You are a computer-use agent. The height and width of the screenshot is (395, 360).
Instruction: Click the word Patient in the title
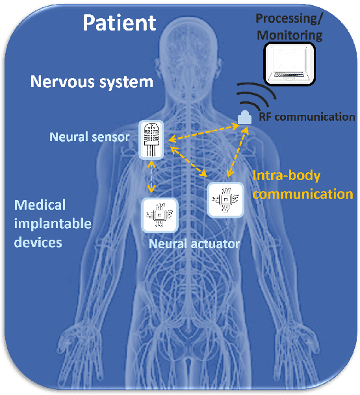click(x=119, y=23)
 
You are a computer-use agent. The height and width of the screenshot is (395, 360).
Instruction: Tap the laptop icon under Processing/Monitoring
click(x=292, y=63)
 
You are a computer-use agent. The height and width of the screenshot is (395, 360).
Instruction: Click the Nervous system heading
click(x=92, y=83)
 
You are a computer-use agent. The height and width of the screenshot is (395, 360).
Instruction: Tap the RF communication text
click(x=307, y=117)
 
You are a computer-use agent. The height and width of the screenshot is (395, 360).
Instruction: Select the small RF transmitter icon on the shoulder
click(x=244, y=117)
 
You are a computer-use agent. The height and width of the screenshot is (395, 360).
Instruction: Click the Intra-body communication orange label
click(x=302, y=184)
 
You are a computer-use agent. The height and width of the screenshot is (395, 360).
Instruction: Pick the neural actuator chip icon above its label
click(x=159, y=216)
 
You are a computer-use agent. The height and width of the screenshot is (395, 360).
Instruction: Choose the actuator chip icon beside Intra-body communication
click(x=225, y=199)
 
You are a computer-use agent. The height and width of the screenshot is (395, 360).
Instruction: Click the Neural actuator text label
click(x=194, y=244)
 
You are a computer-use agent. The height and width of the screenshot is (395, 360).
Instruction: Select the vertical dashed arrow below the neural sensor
click(x=152, y=176)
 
